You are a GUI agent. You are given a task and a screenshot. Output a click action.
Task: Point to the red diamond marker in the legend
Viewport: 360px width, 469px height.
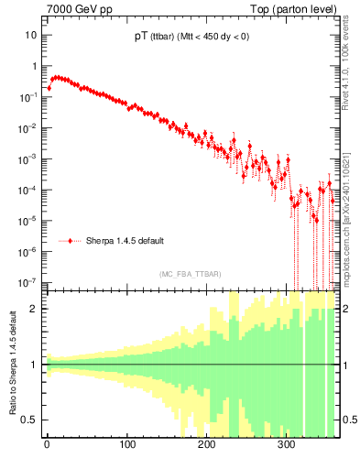[x=71, y=241]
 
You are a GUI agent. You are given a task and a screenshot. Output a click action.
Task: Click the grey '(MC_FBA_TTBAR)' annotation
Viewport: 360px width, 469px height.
[x=188, y=275]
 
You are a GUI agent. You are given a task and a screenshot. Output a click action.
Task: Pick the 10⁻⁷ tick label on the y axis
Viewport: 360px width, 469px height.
[x=27, y=282]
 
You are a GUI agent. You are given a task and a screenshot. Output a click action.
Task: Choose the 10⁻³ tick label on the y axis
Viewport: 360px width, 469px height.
[x=27, y=158]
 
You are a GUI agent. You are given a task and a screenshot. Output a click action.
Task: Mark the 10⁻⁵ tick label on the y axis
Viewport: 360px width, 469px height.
[x=27, y=221]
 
